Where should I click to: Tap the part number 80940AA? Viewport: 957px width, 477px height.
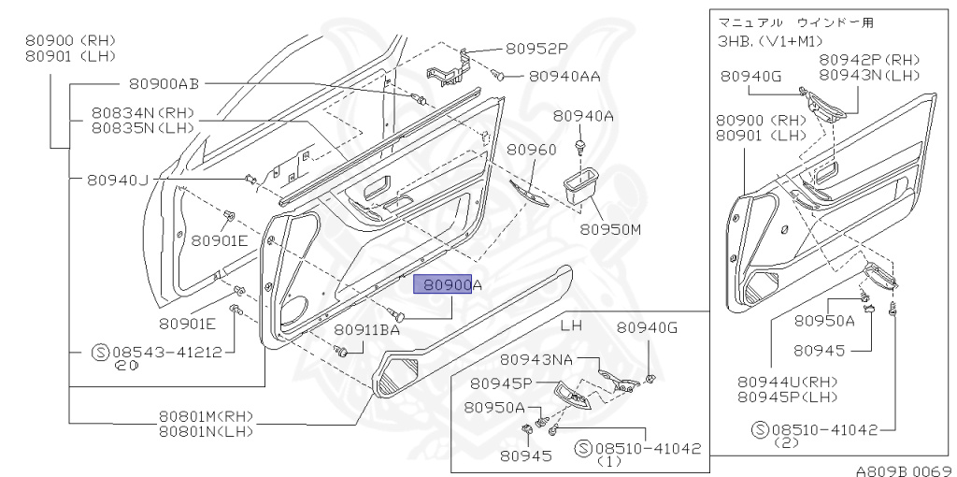(x=564, y=76)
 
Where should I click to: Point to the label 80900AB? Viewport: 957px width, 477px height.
(x=164, y=84)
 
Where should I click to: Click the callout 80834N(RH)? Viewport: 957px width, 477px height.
(x=142, y=111)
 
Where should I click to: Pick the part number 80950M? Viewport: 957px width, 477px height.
(x=610, y=228)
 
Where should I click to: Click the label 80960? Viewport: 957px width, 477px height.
(x=532, y=150)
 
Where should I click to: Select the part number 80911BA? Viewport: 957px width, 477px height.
(x=366, y=329)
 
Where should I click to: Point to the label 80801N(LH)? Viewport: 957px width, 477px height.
(x=206, y=431)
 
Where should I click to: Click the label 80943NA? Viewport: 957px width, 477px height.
(x=536, y=360)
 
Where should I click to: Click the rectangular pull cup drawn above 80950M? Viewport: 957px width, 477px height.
(x=582, y=184)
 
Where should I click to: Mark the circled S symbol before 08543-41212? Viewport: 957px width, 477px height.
(x=100, y=353)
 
